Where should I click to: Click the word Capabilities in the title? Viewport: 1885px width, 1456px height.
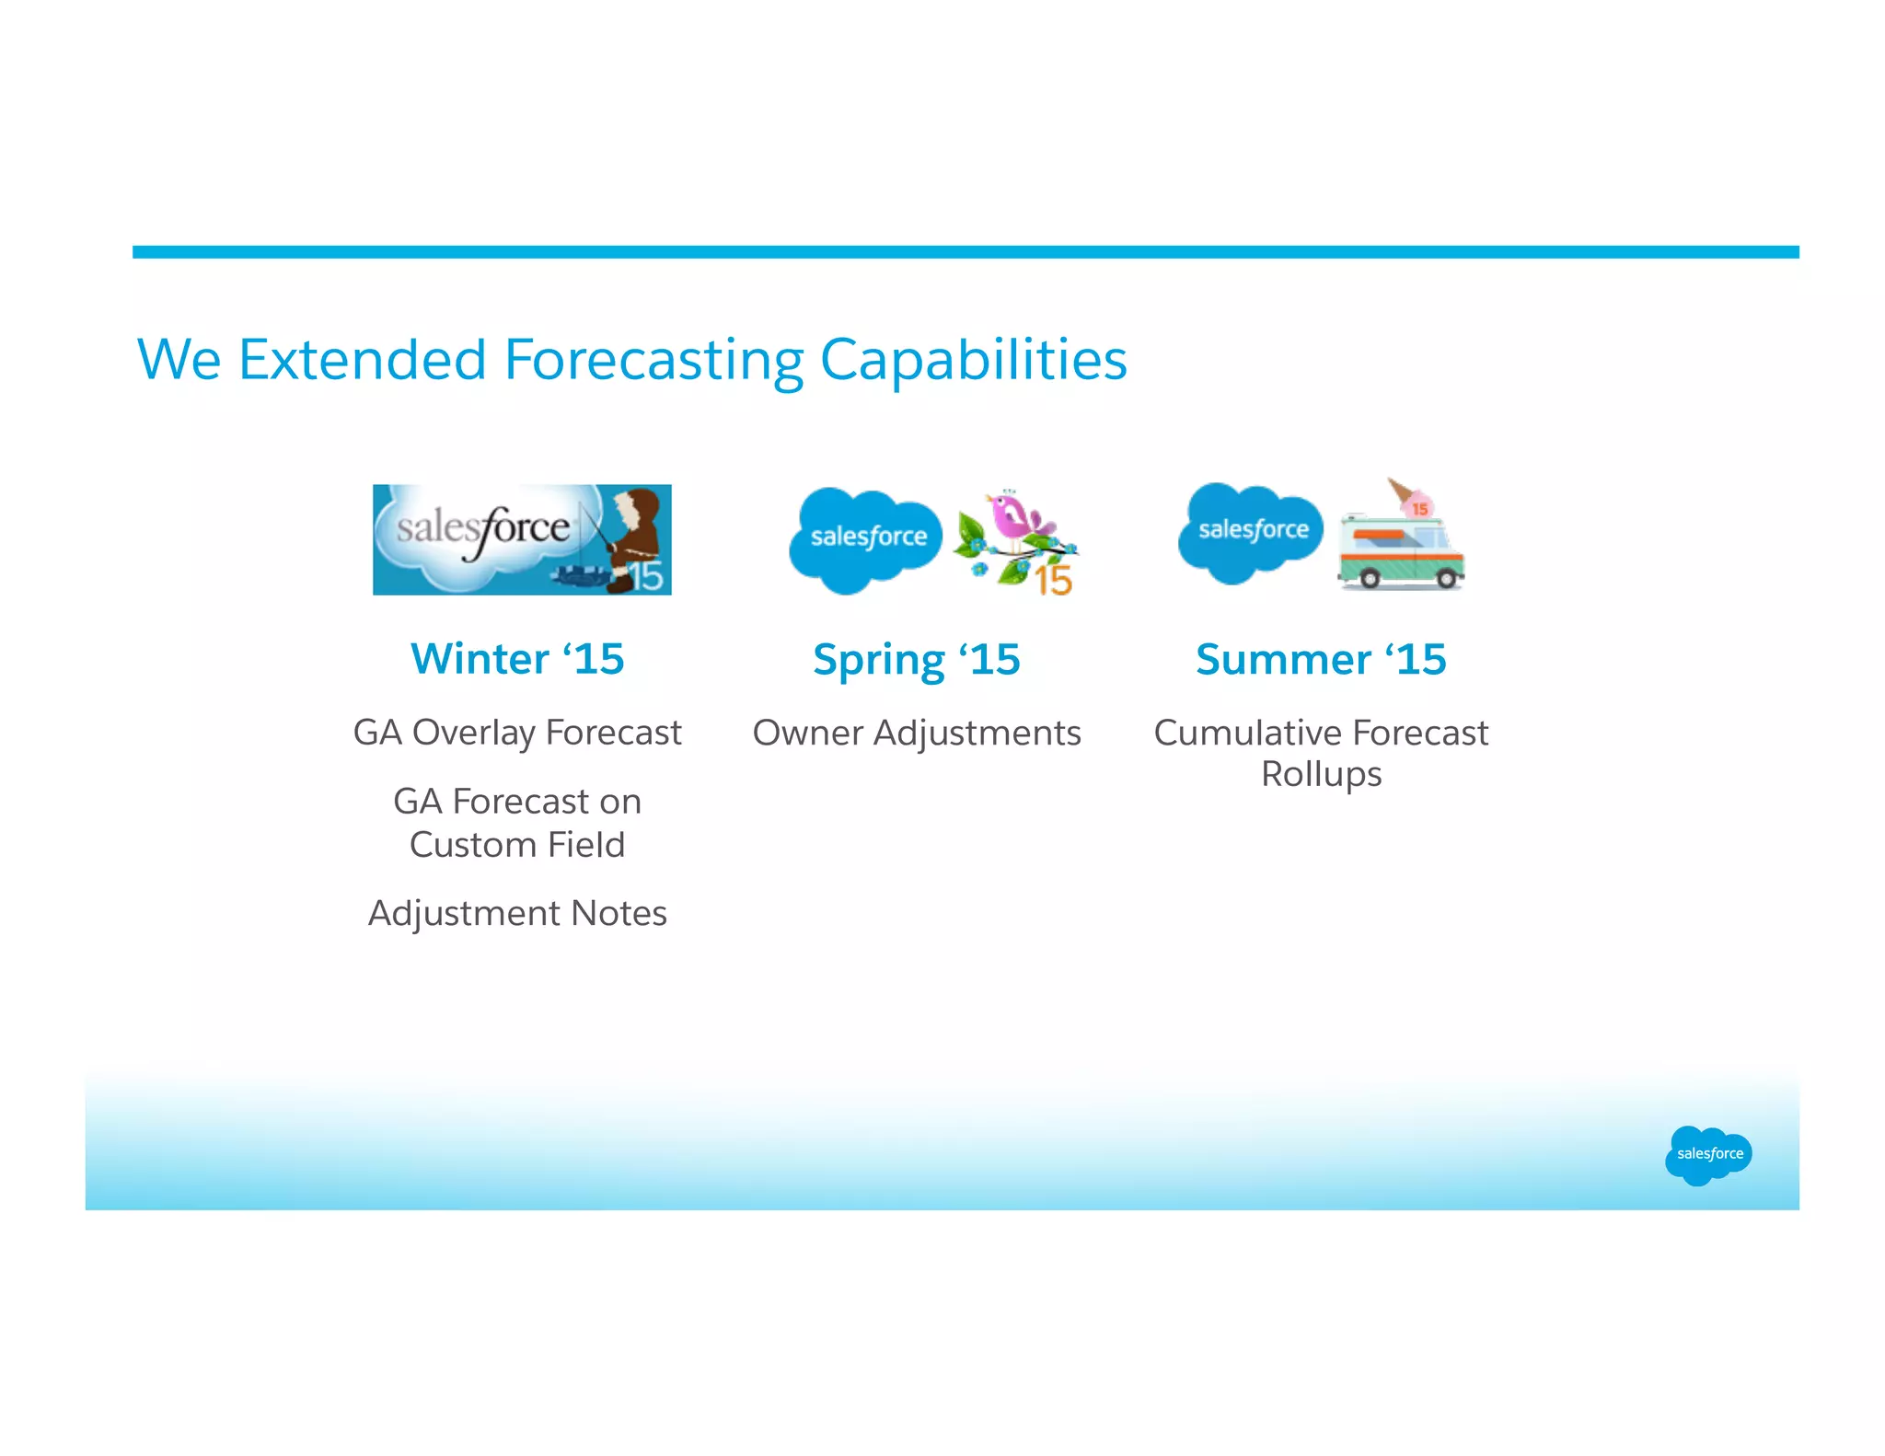[x=973, y=360]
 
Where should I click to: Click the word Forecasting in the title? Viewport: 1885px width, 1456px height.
[x=653, y=360]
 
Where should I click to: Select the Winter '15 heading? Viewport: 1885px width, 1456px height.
[x=517, y=659]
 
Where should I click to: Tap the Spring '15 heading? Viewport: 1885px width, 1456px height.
[x=917, y=660]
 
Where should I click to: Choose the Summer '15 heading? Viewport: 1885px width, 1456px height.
[x=1321, y=660]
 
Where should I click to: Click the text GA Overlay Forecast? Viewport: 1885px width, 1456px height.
[x=517, y=733]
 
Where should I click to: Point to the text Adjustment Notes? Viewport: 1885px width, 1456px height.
[x=517, y=913]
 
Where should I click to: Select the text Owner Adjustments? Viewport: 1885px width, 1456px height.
[x=917, y=733]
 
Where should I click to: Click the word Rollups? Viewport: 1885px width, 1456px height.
[x=1321, y=774]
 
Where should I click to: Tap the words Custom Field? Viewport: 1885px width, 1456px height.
[x=517, y=845]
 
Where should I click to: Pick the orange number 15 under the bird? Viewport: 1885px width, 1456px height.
[x=1053, y=582]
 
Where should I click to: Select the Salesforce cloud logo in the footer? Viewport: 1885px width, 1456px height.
[x=1707, y=1154]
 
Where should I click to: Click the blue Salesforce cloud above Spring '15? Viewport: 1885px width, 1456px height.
[x=865, y=538]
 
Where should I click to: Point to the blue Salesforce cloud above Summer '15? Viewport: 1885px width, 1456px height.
[x=1251, y=531]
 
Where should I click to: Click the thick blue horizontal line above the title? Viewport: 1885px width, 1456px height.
[x=966, y=252]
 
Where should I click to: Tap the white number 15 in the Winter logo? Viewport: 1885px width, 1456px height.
[x=646, y=577]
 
